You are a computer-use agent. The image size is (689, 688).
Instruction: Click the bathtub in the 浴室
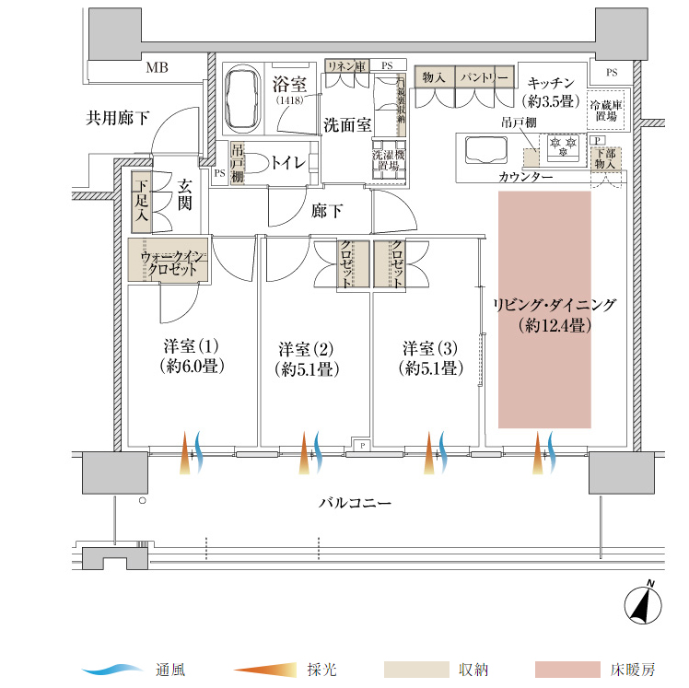[x=244, y=95]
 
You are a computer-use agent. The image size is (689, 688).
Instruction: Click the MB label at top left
[x=158, y=67]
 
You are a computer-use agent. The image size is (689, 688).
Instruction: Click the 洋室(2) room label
[x=306, y=359]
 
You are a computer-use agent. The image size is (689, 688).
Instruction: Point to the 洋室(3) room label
[x=429, y=359]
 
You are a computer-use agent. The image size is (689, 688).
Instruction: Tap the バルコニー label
[x=356, y=504]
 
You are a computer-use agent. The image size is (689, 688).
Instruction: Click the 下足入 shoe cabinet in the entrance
[x=141, y=202]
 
